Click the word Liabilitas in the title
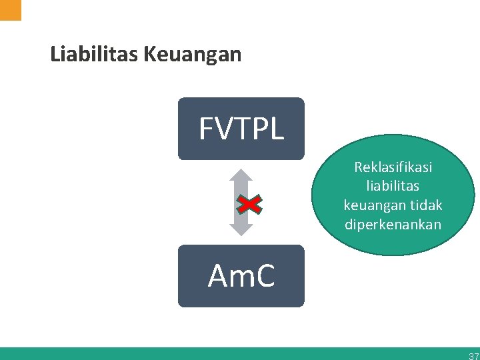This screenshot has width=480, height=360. (x=93, y=54)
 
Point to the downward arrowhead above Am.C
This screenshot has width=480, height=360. (x=241, y=229)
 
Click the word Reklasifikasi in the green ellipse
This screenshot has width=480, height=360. (x=393, y=166)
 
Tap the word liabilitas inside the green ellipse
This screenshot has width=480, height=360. (x=393, y=185)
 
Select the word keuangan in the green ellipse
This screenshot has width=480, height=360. (x=373, y=205)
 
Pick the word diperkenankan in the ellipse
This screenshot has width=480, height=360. (x=393, y=225)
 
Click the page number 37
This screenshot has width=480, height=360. (x=473, y=356)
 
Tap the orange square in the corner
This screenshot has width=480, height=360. (x=10, y=9)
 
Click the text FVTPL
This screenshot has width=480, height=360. (x=241, y=129)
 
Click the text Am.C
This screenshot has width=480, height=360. (x=241, y=277)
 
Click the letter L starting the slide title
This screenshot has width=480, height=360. (x=55, y=54)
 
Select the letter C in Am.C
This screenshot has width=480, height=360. (x=264, y=277)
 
